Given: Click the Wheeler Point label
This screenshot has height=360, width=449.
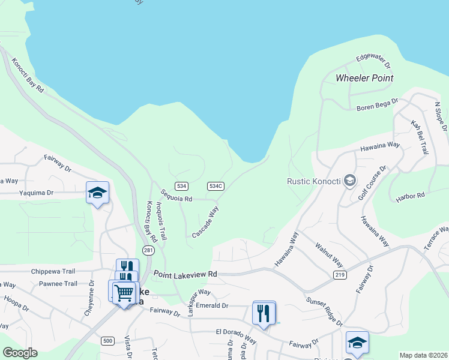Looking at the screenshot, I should point(364,78).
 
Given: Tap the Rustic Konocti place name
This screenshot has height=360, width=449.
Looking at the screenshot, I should point(313,181).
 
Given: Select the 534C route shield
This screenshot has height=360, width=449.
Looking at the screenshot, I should point(216,186).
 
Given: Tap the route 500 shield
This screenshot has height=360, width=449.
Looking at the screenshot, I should point(107,341).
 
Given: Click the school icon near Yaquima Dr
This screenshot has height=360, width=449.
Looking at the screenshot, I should point(97,193).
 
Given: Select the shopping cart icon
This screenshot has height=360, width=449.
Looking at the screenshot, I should point(124,293).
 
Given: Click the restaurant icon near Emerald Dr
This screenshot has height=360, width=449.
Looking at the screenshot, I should point(264,313).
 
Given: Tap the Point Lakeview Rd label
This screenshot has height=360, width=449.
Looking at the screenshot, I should point(185,274).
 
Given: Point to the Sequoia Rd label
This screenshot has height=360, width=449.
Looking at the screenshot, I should point(176,196).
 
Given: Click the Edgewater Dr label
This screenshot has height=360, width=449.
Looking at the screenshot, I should point(373,61).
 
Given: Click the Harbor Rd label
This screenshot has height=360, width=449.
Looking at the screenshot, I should point(411,196).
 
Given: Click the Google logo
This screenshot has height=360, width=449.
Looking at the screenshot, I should point(20,353).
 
